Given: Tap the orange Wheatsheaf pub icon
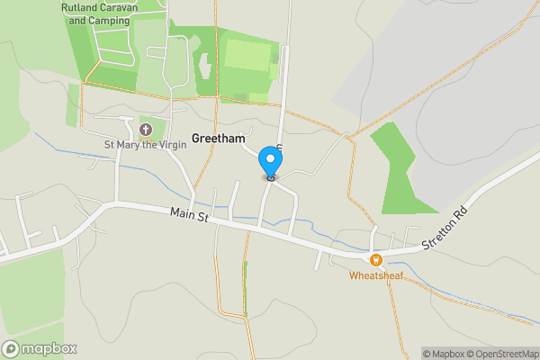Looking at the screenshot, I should point(376,259).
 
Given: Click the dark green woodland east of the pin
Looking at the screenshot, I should point(397,171).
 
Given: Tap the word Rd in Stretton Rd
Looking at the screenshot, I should point(461,229).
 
